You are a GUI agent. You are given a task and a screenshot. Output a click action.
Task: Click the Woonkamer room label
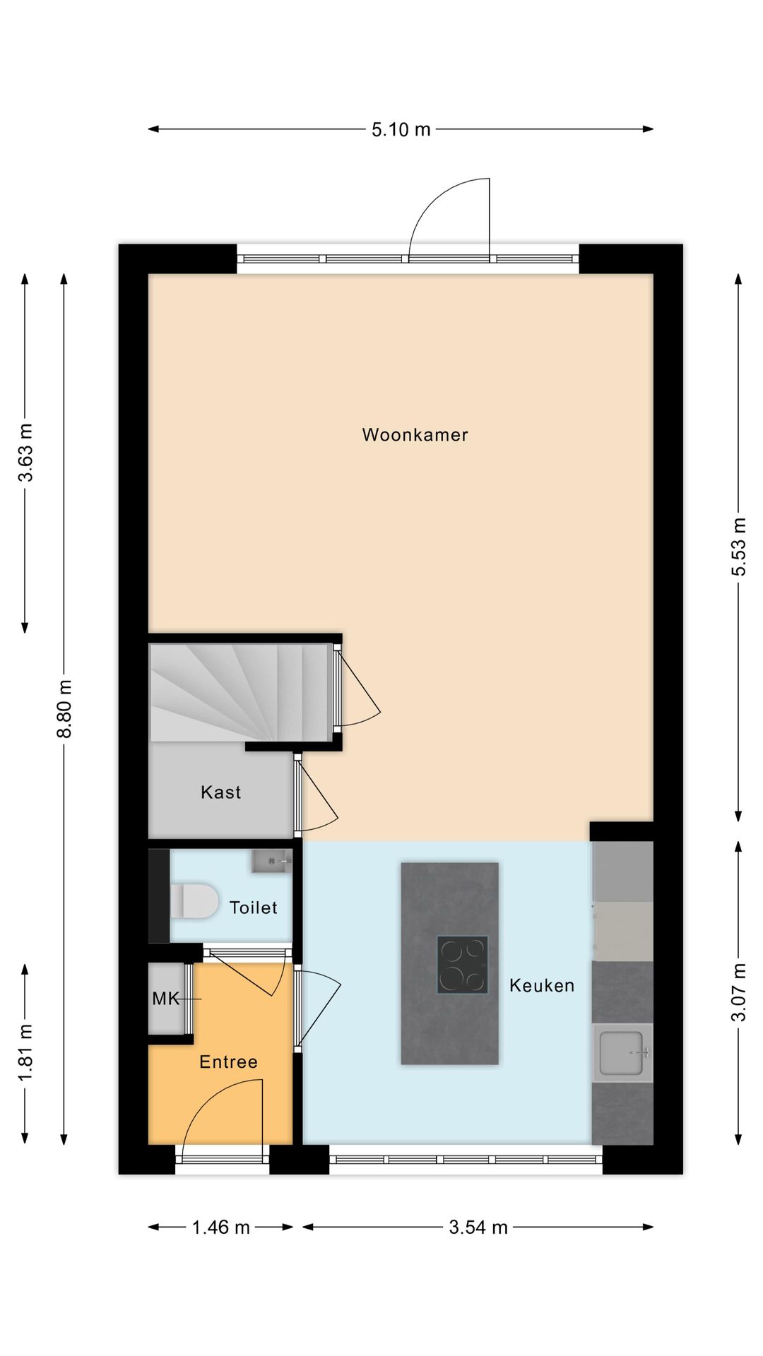tap(415, 434)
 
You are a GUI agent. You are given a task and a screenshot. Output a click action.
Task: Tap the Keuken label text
tap(542, 985)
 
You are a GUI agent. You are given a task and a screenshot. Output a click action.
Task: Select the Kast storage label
tap(220, 792)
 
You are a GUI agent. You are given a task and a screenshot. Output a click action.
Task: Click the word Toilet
tap(253, 907)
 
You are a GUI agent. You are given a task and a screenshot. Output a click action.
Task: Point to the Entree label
tap(228, 1061)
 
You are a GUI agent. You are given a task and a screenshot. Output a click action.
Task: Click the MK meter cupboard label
tap(166, 999)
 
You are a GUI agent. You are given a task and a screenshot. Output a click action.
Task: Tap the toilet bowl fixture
tap(194, 901)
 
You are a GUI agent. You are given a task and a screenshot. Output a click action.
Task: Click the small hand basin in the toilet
tap(271, 861)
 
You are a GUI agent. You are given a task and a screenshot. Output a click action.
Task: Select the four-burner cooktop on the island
tap(462, 964)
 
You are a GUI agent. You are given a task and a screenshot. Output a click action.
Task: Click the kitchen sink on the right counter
tap(622, 1052)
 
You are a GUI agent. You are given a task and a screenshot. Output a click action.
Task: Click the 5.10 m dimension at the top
tap(401, 129)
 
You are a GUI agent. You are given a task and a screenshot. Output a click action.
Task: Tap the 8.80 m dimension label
tap(64, 708)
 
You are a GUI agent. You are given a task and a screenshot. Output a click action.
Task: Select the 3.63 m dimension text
tap(25, 453)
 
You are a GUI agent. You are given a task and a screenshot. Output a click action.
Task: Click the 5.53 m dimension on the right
tap(738, 547)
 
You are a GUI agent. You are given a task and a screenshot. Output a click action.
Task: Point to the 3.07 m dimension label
tap(738, 992)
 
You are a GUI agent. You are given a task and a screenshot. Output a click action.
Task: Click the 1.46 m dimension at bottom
tap(220, 1227)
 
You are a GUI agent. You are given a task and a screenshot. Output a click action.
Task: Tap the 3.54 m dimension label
tap(478, 1227)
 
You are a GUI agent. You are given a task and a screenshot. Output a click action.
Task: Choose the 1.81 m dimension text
tap(25, 1052)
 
